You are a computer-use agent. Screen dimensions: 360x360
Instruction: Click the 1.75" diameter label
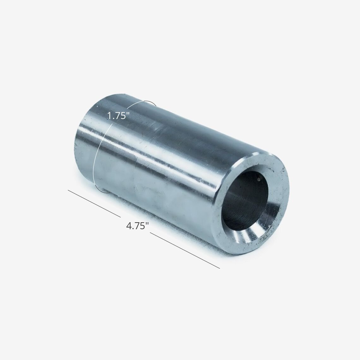(117, 116)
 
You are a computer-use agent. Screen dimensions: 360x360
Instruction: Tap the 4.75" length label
(136, 226)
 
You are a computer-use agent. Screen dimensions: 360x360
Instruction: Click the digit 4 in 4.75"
(129, 226)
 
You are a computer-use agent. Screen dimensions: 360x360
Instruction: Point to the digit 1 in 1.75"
(109, 116)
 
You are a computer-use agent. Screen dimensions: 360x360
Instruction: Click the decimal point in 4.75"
(133, 229)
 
